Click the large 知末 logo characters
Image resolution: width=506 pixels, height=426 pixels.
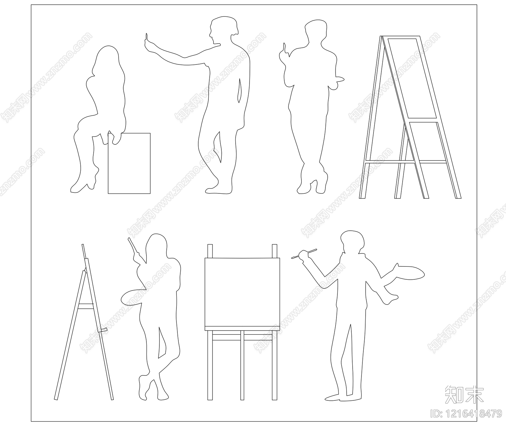click(464, 394)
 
